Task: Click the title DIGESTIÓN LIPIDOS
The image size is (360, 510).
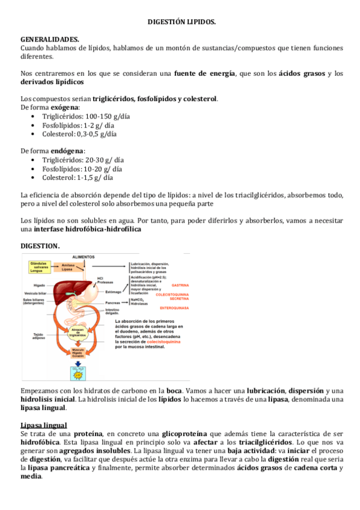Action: (181, 22)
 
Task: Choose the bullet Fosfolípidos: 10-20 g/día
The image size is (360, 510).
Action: (78, 169)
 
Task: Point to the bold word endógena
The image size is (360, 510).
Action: (67, 151)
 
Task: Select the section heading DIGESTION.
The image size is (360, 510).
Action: (40, 247)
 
